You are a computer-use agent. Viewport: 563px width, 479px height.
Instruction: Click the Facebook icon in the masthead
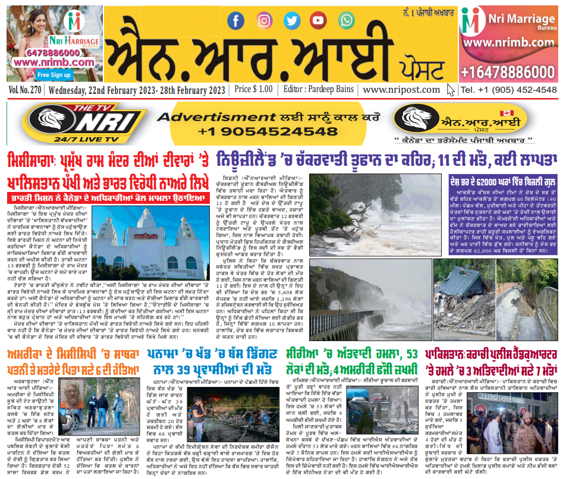tap(236, 21)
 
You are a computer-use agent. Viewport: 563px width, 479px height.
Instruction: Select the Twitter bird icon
tap(291, 20)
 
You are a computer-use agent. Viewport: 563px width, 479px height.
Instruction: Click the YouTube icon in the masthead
tap(318, 20)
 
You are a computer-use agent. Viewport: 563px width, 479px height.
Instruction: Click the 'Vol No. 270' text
tap(25, 90)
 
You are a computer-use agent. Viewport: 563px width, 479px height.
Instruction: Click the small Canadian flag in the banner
tap(507, 113)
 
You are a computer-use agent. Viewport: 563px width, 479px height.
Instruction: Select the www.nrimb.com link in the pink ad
tap(509, 43)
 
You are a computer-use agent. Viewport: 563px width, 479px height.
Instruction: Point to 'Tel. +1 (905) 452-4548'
tap(508, 90)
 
